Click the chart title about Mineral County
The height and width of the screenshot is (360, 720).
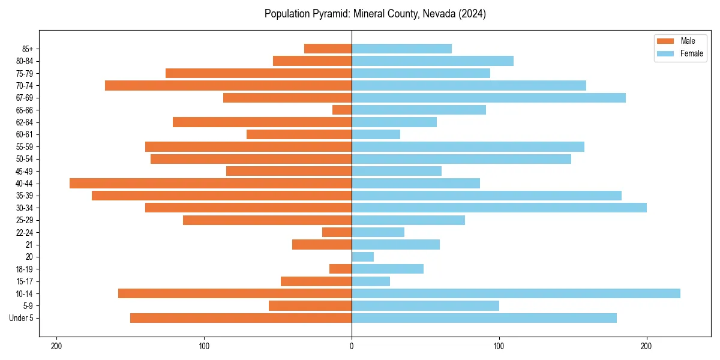375,14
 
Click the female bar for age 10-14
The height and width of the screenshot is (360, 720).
515,293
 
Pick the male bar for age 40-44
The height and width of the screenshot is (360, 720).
211,183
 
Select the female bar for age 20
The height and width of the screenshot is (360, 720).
362,257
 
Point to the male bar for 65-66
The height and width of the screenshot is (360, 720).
342,110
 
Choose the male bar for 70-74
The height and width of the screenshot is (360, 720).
228,85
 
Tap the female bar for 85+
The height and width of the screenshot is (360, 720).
401,49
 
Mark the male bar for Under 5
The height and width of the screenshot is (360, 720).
241,318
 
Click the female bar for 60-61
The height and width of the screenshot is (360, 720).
376,134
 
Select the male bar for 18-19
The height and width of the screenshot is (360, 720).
340,269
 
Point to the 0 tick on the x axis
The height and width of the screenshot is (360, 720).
352,346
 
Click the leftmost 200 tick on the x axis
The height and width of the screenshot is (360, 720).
57,346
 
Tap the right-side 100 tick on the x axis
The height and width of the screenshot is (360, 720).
499,346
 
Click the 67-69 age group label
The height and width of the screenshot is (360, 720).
25,98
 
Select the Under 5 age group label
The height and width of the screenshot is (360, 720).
22,318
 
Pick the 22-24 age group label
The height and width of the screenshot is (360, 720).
25,232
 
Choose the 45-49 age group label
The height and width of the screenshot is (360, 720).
25,171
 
